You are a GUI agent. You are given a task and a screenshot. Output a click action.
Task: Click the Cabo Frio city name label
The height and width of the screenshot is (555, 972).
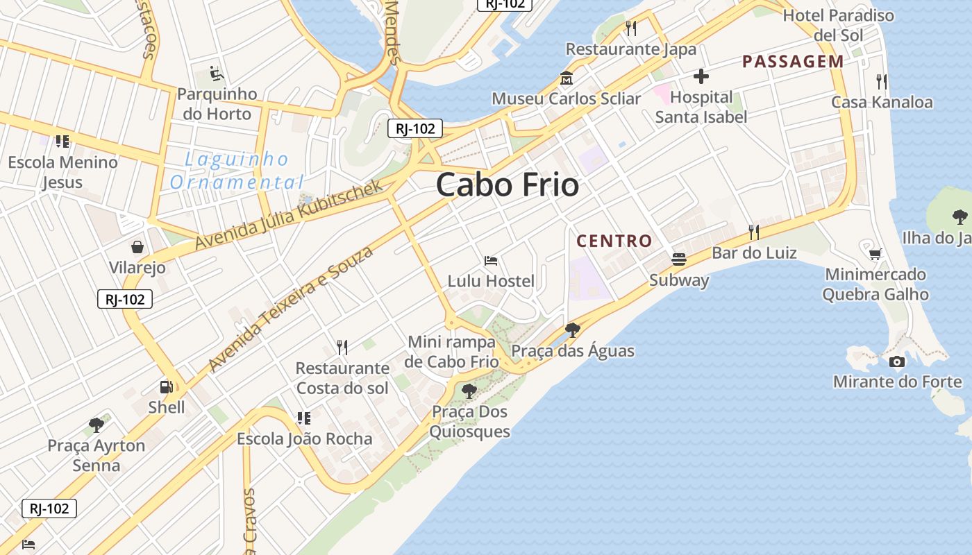(x=508, y=185)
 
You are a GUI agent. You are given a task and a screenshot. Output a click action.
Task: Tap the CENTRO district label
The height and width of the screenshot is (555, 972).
(x=614, y=241)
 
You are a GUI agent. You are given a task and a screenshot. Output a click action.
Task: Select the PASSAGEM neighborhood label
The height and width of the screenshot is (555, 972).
(x=793, y=62)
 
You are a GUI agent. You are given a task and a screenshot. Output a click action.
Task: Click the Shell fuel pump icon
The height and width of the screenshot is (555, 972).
(x=167, y=387)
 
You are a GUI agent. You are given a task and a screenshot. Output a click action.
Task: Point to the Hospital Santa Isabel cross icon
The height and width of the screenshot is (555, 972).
(x=701, y=76)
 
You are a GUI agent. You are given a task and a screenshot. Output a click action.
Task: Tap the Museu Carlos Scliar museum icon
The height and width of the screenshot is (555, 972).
(x=566, y=78)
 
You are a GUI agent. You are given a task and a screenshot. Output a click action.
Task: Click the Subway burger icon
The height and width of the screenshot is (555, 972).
(x=679, y=259)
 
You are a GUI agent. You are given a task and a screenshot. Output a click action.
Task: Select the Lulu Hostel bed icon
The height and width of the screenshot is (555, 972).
(x=491, y=261)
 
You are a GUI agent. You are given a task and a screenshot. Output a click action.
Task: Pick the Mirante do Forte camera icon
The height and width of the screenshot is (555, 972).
(x=897, y=361)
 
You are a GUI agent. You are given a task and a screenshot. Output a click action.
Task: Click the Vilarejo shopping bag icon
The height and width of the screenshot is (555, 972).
(x=137, y=247)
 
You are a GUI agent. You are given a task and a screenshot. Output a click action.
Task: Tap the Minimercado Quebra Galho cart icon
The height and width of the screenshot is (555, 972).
(x=875, y=254)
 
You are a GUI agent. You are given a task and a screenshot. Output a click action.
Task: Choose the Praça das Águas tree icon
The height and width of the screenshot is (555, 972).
(x=572, y=330)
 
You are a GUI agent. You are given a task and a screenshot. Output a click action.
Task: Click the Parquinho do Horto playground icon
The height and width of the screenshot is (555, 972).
(x=217, y=73)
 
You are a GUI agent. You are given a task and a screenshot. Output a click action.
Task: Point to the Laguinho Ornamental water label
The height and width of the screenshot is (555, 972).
(x=237, y=171)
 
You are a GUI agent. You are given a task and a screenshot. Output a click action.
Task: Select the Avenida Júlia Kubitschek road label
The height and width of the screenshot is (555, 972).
(x=289, y=214)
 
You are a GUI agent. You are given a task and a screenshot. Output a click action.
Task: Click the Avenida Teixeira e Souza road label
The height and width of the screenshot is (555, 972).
(x=290, y=308)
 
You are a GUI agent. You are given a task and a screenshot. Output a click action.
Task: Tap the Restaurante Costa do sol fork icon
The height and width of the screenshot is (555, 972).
(x=342, y=347)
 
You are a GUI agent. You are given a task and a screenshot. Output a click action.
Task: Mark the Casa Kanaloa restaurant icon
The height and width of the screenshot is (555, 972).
(x=882, y=82)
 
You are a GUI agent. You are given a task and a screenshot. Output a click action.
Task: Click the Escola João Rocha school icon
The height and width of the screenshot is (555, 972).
(x=303, y=418)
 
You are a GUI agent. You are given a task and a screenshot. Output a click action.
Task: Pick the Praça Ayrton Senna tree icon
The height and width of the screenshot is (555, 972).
(x=97, y=425)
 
